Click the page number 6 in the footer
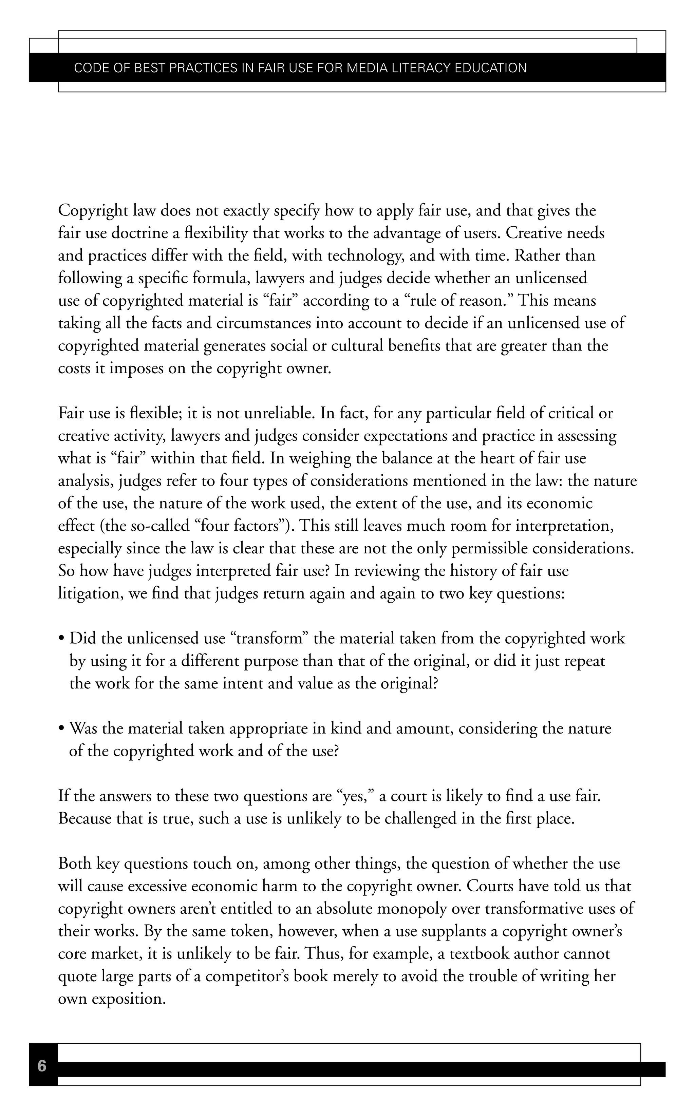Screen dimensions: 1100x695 tap(42, 1066)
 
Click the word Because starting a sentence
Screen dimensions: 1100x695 tap(85, 819)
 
